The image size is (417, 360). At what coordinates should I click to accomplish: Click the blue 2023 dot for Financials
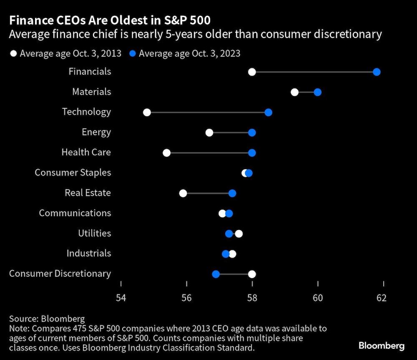377,72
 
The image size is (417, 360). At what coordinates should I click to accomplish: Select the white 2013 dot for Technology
147,112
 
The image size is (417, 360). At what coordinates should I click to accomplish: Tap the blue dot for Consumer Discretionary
216,274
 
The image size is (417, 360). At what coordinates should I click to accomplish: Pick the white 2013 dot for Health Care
166,153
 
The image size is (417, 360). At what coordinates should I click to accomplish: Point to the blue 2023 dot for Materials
318,92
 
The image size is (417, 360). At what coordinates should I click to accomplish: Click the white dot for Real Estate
183,193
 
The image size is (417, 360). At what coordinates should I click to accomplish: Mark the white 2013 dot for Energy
209,132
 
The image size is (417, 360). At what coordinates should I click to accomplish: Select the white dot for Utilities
239,234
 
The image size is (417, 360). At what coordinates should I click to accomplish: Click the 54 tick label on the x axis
121,298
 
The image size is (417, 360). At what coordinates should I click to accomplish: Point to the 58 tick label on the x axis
252,298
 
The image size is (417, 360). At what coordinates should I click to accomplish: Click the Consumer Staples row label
73,172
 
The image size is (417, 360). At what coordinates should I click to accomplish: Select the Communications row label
75,213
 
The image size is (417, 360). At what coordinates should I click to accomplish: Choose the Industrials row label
89,253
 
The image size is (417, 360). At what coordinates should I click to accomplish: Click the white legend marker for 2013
14,53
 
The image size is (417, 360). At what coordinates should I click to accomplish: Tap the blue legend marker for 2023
132,53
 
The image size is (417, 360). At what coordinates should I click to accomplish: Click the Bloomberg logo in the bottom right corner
382,346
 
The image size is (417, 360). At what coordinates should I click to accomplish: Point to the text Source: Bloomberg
47,319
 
